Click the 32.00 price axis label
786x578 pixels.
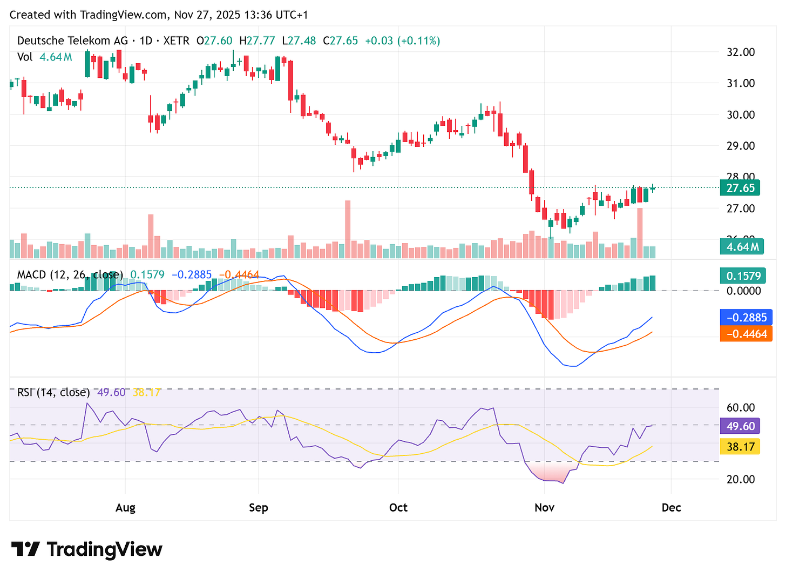pos(741,52)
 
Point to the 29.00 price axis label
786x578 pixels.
pos(741,146)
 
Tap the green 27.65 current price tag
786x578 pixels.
pos(740,188)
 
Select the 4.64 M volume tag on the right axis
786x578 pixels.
pos(742,247)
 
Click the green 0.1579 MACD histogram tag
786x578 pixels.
pos(743,276)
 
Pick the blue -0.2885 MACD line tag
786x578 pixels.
pos(746,318)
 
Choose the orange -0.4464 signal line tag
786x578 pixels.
pos(746,334)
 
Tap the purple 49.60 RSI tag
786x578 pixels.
pos(740,426)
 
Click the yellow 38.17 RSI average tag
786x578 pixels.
pos(740,447)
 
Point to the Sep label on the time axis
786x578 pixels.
pos(259,508)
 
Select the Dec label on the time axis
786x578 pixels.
pos(671,508)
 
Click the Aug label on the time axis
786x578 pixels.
pos(125,508)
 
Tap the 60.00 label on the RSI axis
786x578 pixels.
pos(741,408)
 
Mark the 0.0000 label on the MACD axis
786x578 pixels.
pos(743,291)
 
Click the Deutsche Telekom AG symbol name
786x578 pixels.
pos(72,41)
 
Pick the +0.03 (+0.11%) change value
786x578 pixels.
pos(402,41)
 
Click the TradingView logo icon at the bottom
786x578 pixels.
pos(25,549)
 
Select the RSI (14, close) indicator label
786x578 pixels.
pos(53,392)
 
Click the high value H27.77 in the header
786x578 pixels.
pos(257,41)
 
